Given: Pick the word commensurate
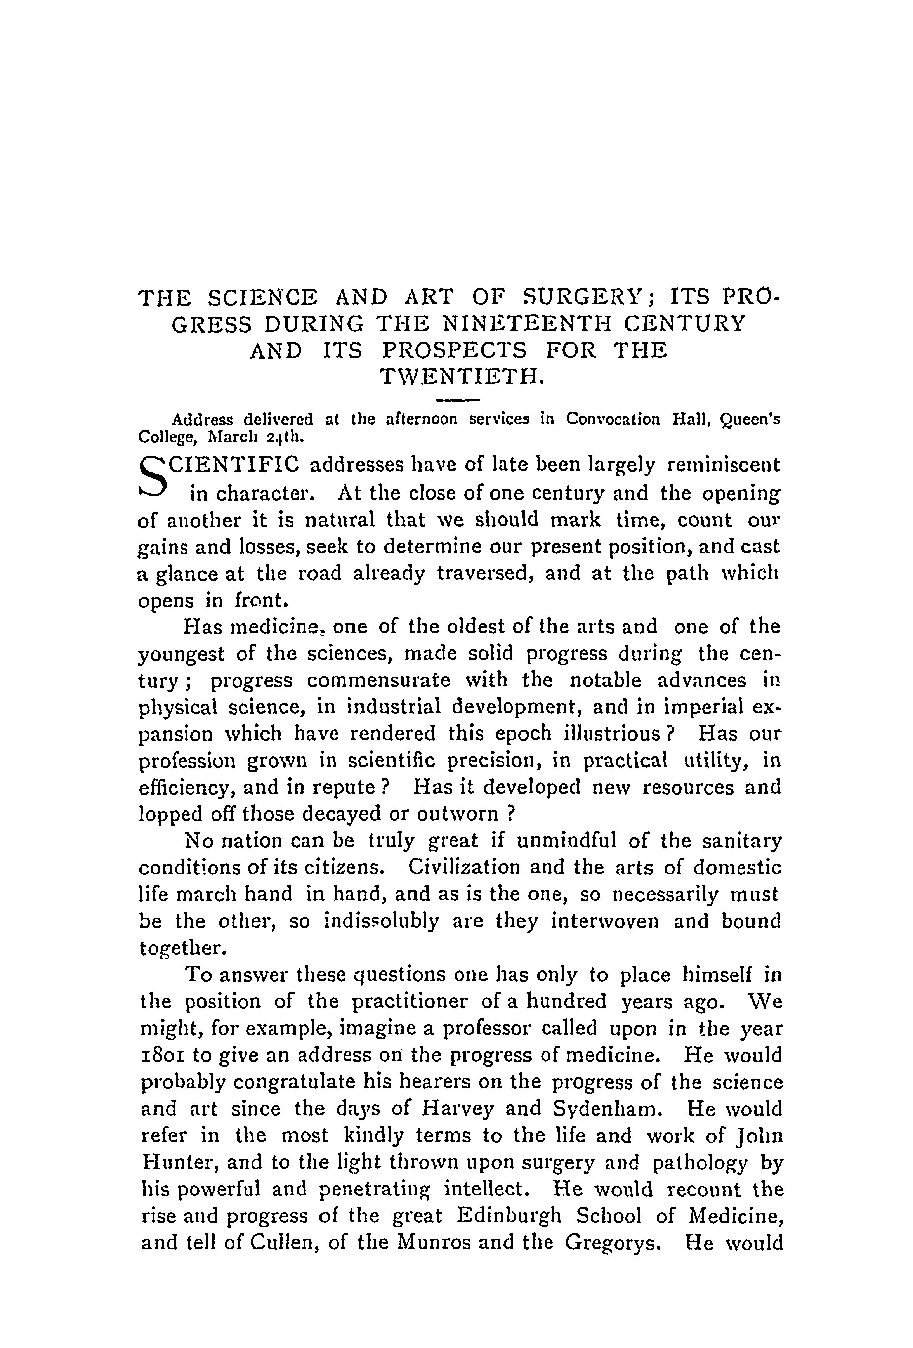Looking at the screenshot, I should (x=378, y=680).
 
